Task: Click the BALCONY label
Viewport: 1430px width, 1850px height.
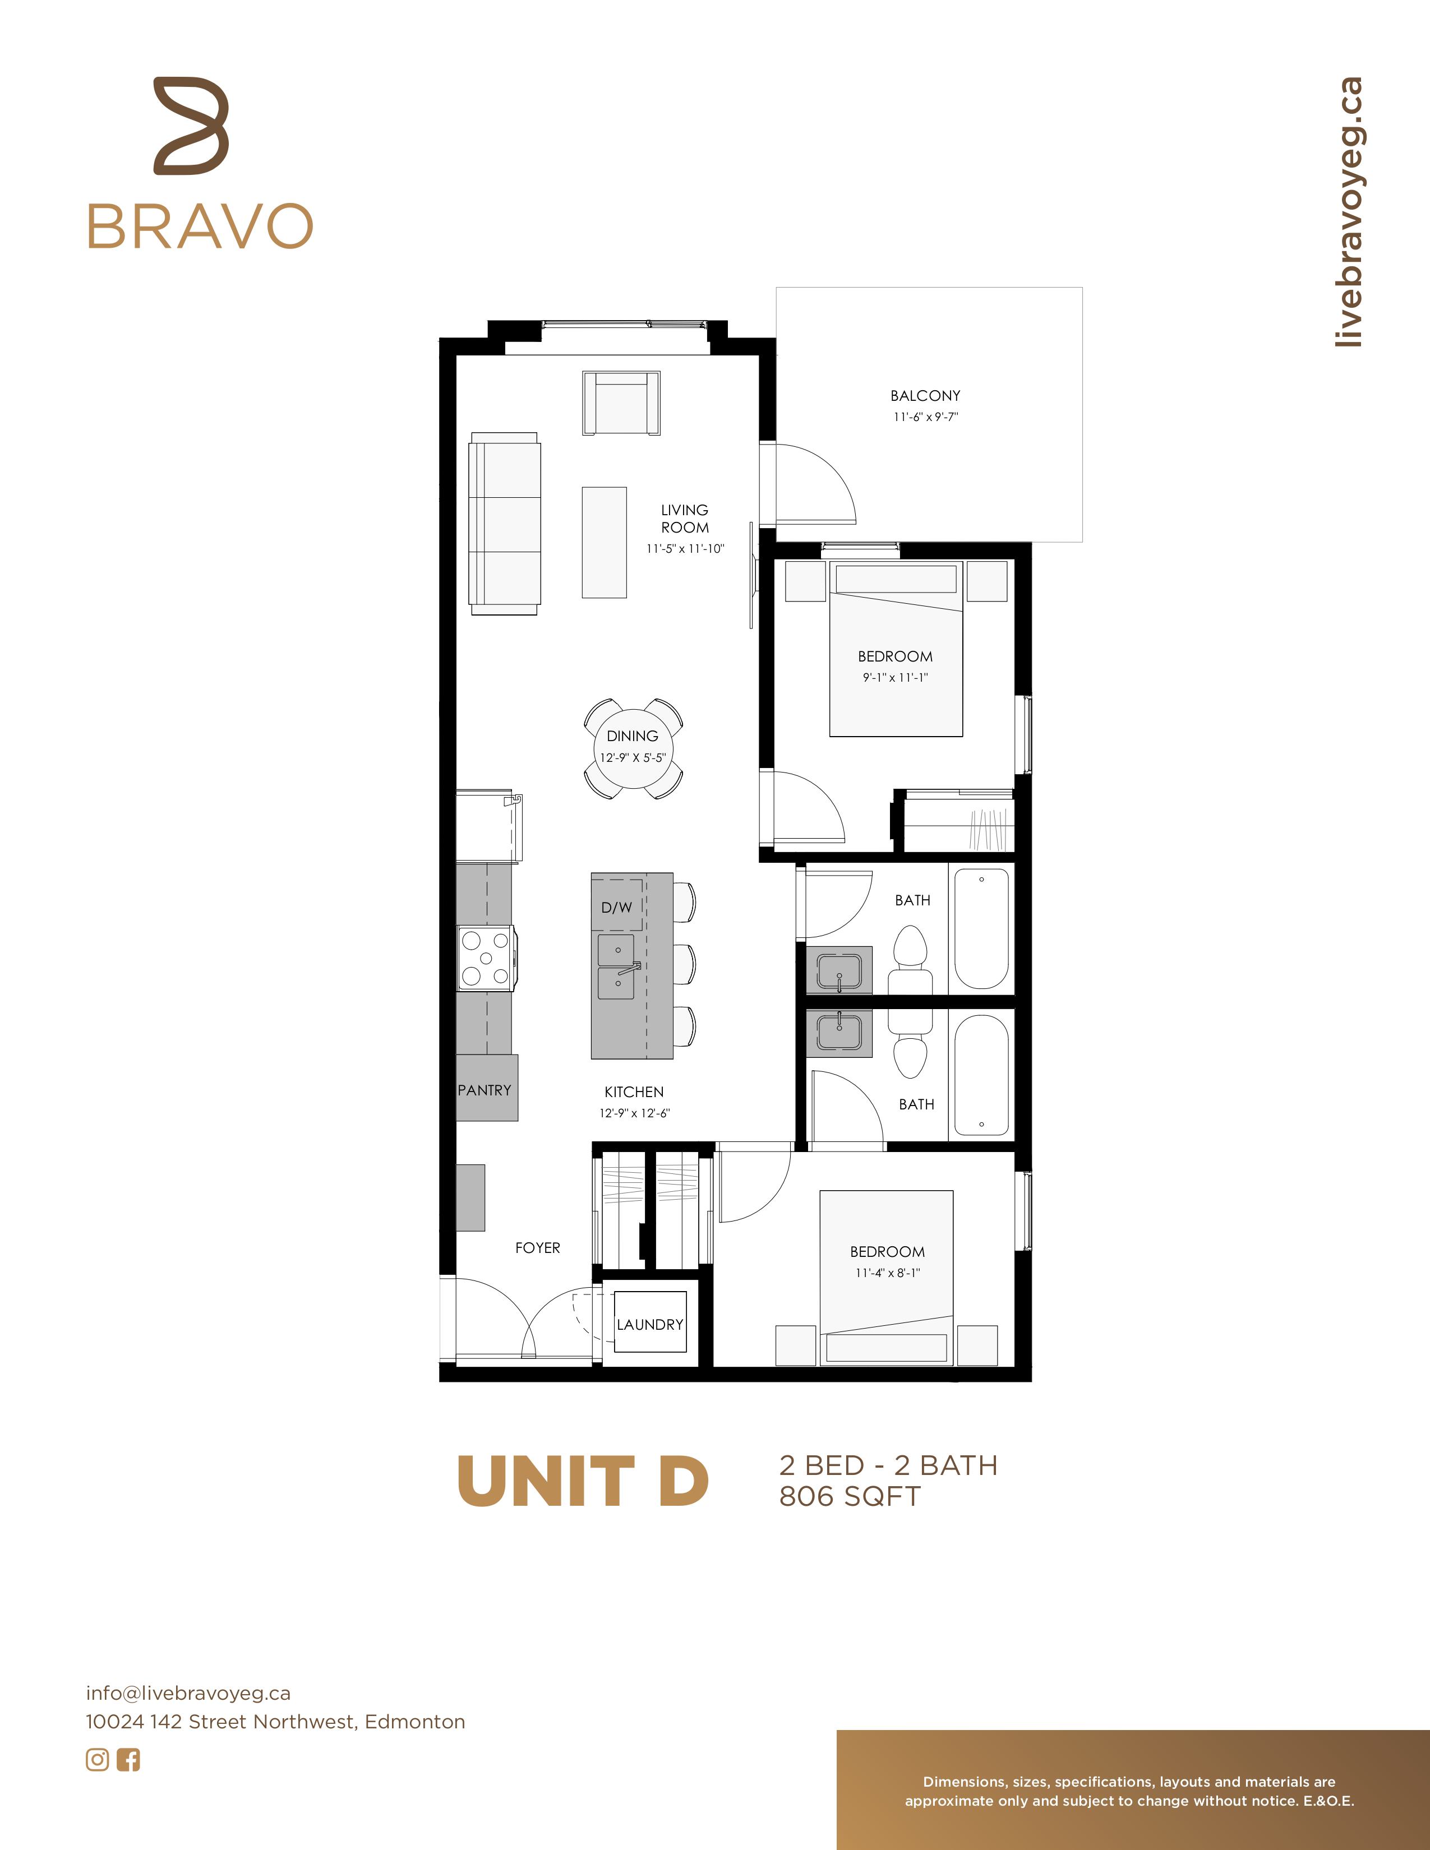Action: click(x=925, y=396)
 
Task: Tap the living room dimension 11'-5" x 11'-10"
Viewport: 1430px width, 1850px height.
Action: click(x=685, y=549)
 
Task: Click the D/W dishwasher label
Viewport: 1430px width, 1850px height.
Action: click(x=617, y=907)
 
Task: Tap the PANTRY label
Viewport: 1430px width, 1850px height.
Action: click(x=485, y=1090)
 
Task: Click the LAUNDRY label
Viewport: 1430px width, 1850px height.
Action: click(x=650, y=1325)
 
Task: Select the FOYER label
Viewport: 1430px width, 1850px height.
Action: click(x=538, y=1248)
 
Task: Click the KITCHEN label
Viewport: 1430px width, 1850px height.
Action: click(x=634, y=1092)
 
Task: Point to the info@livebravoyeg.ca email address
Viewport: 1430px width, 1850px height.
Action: click(x=188, y=1693)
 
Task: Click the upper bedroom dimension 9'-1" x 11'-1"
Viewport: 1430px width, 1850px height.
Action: click(x=896, y=678)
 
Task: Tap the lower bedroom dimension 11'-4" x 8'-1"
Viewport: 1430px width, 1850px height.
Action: click(x=887, y=1273)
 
